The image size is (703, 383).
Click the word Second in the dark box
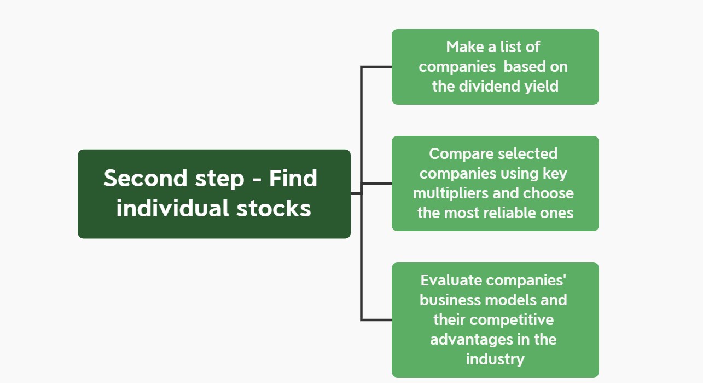pyautogui.click(x=146, y=178)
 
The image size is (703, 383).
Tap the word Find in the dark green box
pyautogui.click(x=293, y=178)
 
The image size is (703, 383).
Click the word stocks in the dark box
pyautogui.click(x=274, y=208)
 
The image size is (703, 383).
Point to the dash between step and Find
pyautogui.click(x=257, y=180)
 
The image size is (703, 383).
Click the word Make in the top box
pyautogui.click(x=465, y=47)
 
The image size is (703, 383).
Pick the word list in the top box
pyautogui.click(x=510, y=47)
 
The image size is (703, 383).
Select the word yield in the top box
pyautogui.click(x=542, y=87)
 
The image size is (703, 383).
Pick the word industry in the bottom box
pyautogui.click(x=495, y=359)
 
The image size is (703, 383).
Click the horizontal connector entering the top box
pyautogui.click(x=376, y=67)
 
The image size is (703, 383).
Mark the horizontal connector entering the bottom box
pyautogui.click(x=376, y=320)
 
